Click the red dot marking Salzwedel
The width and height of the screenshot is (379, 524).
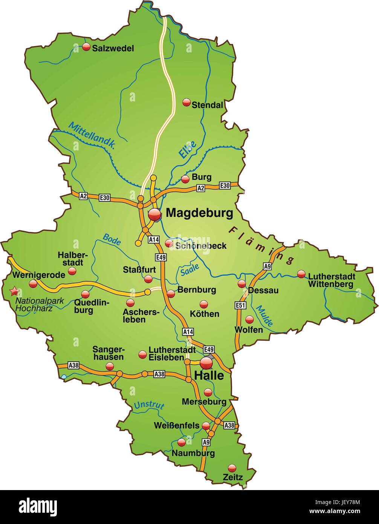[86, 47]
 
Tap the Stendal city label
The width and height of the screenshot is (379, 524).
[207, 105]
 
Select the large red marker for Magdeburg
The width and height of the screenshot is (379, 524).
[154, 215]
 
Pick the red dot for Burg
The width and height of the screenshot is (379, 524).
[185, 179]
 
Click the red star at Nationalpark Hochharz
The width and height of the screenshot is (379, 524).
[14, 291]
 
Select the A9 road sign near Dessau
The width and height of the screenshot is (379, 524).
[267, 266]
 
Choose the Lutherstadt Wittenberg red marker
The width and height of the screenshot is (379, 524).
[301, 274]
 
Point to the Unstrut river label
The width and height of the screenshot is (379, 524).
[149, 405]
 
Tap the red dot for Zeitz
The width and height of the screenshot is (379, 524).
[232, 468]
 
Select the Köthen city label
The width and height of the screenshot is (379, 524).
[205, 313]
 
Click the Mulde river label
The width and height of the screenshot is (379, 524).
[264, 316]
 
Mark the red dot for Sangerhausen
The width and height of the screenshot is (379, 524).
[110, 366]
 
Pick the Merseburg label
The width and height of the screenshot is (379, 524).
[204, 402]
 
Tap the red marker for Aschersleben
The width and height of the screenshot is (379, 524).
[130, 303]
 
